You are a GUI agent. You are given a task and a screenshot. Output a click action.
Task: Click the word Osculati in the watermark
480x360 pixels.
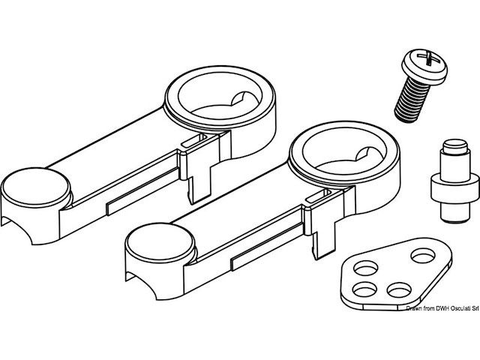tap(450, 309)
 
